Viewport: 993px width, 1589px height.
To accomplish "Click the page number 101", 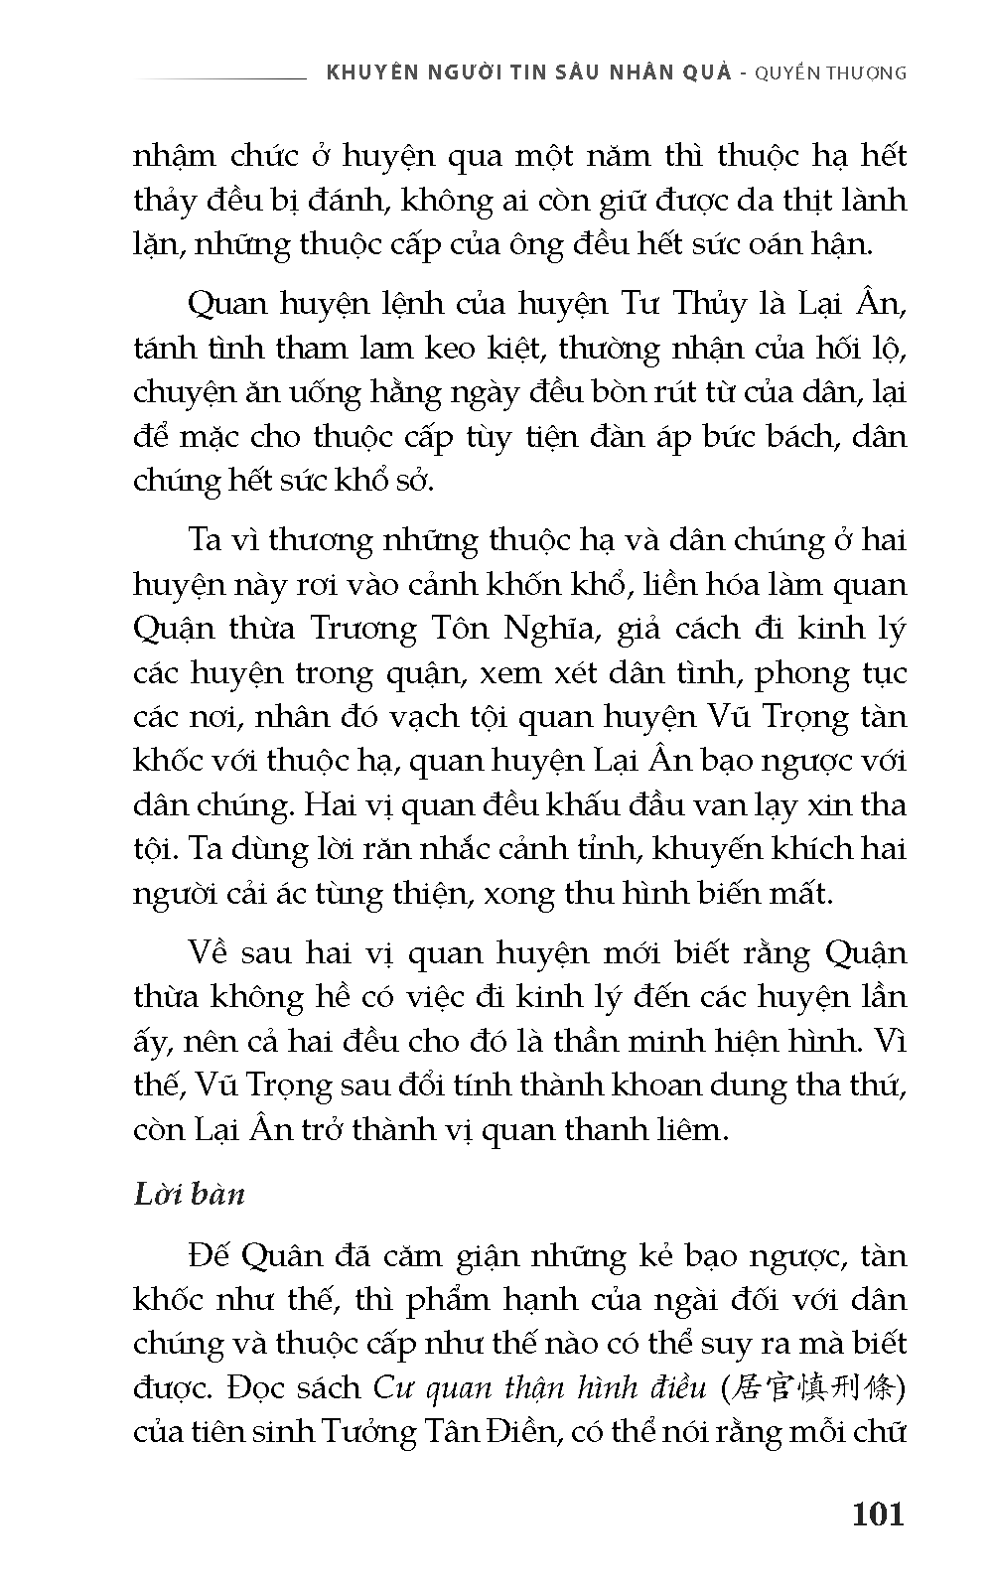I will coord(878,1514).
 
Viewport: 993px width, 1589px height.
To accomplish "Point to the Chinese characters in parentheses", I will coord(811,1387).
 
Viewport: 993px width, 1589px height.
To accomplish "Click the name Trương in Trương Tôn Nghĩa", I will coord(363,629).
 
